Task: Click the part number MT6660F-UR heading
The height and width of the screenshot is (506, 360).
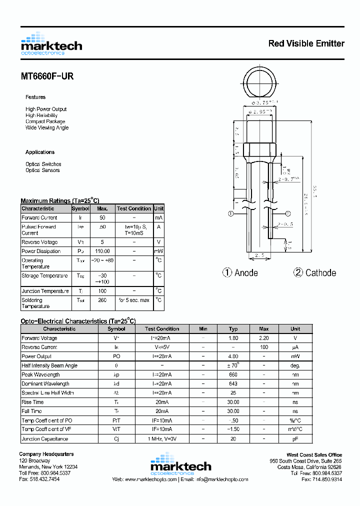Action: [x=47, y=76]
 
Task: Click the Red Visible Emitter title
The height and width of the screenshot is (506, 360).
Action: [x=306, y=43]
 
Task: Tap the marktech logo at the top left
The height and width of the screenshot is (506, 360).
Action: [x=51, y=44]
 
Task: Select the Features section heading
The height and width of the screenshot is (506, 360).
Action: [x=35, y=97]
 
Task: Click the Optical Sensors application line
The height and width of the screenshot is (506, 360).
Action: [x=42, y=170]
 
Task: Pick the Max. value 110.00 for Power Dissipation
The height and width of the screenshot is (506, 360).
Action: [x=102, y=251]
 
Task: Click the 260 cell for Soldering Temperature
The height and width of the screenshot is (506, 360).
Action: [x=102, y=300]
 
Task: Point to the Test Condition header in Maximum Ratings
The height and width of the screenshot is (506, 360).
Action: [x=133, y=208]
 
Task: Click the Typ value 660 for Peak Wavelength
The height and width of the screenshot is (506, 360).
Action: [x=233, y=374]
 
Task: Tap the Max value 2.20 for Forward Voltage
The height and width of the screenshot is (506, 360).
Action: [x=264, y=338]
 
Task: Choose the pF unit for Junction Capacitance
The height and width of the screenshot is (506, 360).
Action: [x=295, y=439]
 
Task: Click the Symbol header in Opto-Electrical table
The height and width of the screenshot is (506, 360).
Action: [x=116, y=329]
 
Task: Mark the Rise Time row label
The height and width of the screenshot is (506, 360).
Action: [x=32, y=402]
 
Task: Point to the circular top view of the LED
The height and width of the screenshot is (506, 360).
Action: [x=259, y=83]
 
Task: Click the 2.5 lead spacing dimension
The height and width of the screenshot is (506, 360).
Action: [x=259, y=255]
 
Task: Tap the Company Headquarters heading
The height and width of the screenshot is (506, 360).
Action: [x=46, y=454]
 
